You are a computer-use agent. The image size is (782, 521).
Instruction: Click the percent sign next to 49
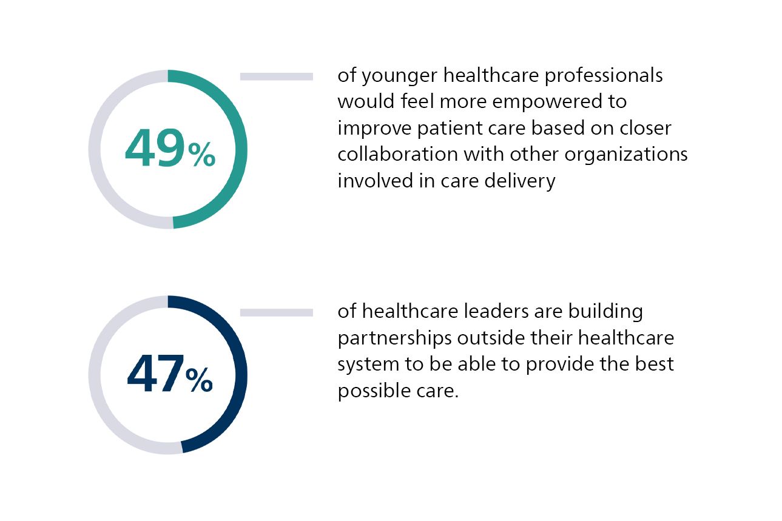click(201, 155)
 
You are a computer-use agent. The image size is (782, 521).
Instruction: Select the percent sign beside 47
click(199, 381)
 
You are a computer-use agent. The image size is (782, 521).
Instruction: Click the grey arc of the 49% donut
click(95, 149)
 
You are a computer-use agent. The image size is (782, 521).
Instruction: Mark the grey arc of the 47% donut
click(95, 374)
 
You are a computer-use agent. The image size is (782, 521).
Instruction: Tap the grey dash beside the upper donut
click(276, 76)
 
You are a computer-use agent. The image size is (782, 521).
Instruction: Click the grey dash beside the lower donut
click(276, 312)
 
